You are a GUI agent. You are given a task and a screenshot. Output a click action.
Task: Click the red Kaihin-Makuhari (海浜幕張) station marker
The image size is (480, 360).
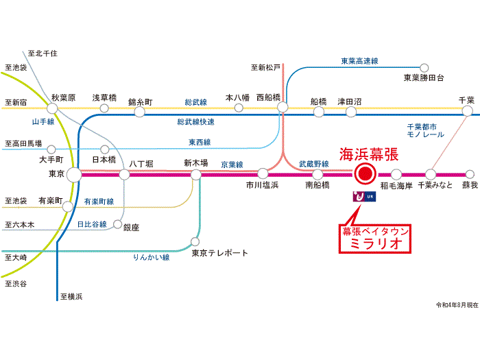(x=365, y=174)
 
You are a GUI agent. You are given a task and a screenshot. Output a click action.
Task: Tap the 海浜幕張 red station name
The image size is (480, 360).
(x=369, y=154)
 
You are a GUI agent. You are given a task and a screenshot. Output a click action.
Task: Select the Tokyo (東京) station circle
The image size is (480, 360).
(x=74, y=175)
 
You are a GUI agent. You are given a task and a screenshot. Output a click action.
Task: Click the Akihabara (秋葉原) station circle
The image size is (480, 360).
(x=52, y=108)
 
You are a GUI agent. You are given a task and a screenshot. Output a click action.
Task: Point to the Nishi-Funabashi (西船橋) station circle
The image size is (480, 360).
(x=283, y=107)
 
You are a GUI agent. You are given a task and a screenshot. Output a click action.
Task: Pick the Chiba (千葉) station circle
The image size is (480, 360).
(x=467, y=110)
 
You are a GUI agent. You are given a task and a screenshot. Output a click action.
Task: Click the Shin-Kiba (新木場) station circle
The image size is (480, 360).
(x=195, y=174)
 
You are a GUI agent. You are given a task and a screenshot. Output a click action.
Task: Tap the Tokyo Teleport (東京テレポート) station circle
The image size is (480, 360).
(x=195, y=241)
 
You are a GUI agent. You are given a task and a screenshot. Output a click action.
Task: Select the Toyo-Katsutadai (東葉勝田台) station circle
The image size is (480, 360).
(x=424, y=68)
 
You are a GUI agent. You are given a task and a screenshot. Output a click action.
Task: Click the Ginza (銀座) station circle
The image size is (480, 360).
(x=117, y=224)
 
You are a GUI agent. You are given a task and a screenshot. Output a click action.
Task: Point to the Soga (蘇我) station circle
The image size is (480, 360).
(x=470, y=174)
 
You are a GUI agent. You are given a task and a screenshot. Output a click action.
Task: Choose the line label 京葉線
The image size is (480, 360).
(x=232, y=165)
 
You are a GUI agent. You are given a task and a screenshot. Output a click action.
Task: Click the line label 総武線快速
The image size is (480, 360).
(x=195, y=122)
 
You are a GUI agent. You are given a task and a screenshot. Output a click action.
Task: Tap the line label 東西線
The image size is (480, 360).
(x=200, y=142)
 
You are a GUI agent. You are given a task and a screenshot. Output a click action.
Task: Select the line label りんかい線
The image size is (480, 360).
(x=152, y=257)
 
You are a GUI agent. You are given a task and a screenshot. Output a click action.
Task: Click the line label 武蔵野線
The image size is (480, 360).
(x=314, y=164)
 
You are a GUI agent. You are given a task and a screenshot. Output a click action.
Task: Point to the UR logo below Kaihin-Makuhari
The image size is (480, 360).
(x=364, y=197)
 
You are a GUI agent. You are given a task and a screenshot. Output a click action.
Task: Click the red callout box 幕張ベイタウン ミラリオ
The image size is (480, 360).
(x=374, y=239)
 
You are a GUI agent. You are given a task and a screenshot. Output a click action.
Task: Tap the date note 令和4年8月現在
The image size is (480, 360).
(x=457, y=305)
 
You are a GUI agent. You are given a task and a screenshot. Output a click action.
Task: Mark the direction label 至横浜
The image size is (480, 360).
(x=71, y=296)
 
